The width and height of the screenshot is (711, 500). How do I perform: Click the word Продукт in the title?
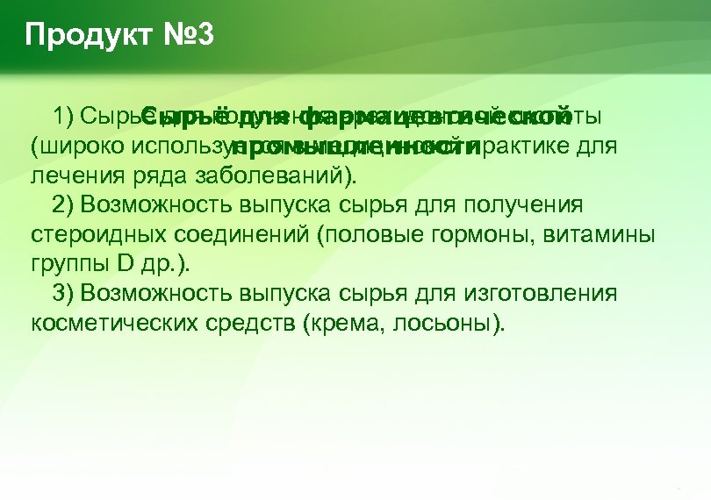[75, 36]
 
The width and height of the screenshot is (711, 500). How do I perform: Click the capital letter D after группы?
[123, 263]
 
